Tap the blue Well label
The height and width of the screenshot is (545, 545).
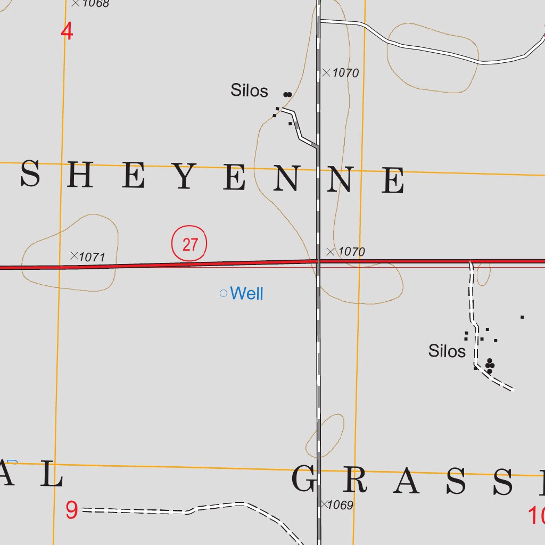pos(247,293)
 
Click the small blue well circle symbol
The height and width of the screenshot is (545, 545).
pos(224,293)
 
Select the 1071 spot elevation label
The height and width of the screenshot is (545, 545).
pos(92,258)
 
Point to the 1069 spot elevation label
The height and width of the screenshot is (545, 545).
pos(340,505)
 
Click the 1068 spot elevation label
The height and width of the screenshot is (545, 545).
pos(96,4)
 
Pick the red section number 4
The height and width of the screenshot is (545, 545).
pos(67,32)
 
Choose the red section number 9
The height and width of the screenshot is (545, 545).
pos(72,511)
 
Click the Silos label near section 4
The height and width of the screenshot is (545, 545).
pos(249,90)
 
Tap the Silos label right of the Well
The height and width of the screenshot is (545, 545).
pos(447,351)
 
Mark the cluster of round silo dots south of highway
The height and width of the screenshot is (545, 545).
pos(490,365)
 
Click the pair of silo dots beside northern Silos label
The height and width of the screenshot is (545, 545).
pos(287,95)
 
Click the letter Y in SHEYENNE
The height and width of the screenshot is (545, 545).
pos(184,178)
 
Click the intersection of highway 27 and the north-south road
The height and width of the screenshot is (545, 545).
pos(318,261)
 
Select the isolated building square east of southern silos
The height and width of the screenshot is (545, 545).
pos(522,317)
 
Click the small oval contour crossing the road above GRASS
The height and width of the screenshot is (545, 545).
pos(325,435)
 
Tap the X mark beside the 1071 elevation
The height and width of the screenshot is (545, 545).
pos(74,255)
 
